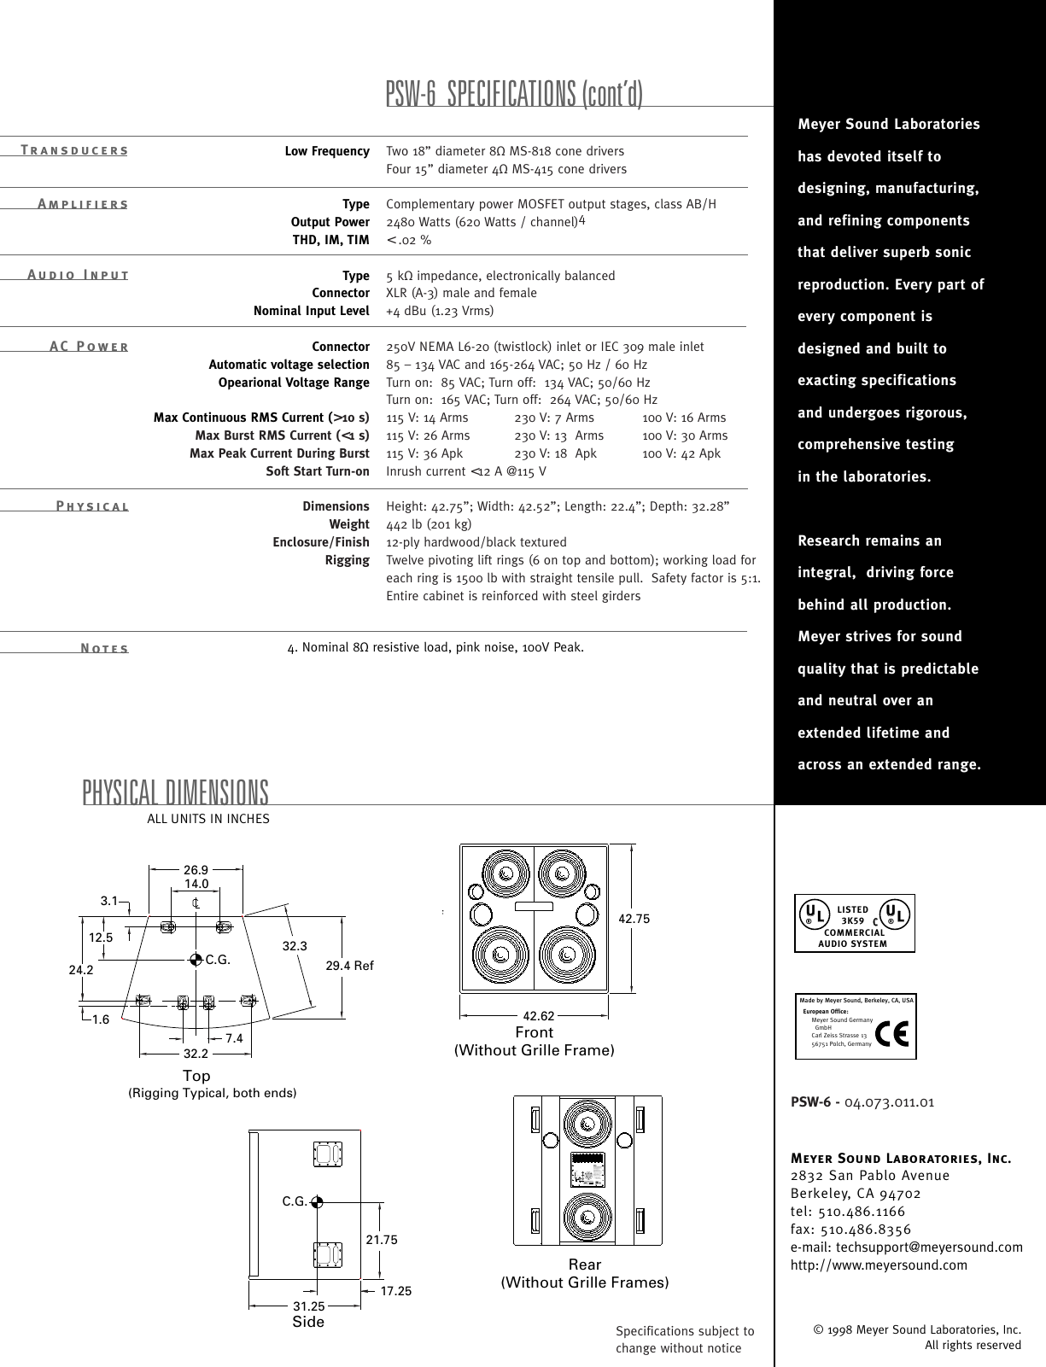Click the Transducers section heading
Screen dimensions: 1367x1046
coord(74,151)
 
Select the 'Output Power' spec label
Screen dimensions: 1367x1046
coord(330,222)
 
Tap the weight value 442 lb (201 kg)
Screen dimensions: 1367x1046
coord(429,524)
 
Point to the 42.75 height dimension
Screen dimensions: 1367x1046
coord(634,919)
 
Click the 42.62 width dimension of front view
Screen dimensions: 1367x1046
coord(539,1016)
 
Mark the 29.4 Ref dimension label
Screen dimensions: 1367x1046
coord(350,965)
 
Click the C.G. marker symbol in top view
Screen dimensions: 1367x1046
coord(196,959)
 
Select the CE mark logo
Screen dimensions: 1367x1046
coord(891,1027)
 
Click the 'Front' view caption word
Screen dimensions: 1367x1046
coord(535,1032)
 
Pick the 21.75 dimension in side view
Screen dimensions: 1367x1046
coord(382,1240)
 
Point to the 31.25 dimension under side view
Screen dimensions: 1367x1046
coord(308,1306)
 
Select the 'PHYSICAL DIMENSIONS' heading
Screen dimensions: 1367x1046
coord(176,792)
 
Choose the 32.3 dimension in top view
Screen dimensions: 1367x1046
coord(295,946)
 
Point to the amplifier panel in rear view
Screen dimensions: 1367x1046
coord(587,1169)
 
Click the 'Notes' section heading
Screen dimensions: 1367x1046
coord(104,648)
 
